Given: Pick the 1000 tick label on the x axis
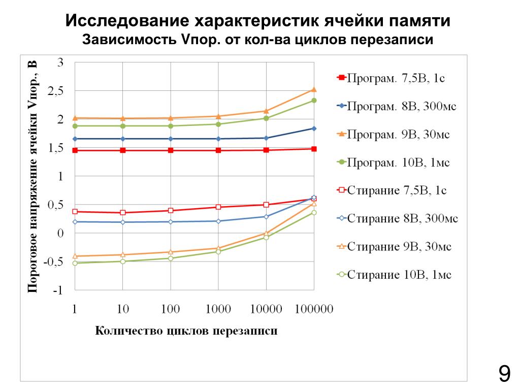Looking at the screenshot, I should coord(218,309).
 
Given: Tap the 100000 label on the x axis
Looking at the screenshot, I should coord(314,309).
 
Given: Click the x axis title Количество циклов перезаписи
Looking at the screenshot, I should coord(186,331).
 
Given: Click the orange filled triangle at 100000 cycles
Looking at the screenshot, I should coord(314,90).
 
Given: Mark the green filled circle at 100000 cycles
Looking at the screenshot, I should coord(314,101).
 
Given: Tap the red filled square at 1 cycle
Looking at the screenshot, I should coord(75,150).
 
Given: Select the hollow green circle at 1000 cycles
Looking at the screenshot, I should coord(218,251).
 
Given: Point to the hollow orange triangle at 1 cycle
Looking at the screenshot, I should coord(75,256).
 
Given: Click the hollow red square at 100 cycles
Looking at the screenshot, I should coord(170,210).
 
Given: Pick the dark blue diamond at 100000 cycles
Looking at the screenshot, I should coord(314,128).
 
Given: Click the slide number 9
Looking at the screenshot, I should coord(504,375).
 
